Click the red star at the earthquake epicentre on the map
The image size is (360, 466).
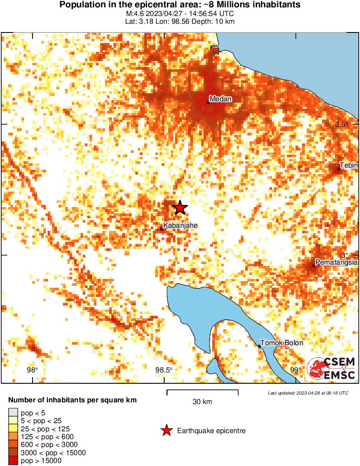click(180, 208)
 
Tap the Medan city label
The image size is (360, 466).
click(221, 99)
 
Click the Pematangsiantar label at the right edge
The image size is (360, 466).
click(337, 262)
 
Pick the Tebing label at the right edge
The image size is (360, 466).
click(349, 165)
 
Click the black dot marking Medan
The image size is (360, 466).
click(208, 102)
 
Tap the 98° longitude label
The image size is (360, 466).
click(32, 370)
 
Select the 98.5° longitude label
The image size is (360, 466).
click(164, 370)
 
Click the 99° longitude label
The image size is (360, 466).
click(295, 370)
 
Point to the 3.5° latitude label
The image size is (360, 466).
click(342, 125)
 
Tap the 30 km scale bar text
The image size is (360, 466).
click(202, 402)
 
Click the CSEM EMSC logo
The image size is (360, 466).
click(332, 369)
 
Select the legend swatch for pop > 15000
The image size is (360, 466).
click(13, 461)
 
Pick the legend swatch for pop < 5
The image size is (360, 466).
click(13, 413)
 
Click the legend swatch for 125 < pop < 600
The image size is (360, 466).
click(13, 437)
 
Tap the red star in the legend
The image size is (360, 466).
click(166, 430)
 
